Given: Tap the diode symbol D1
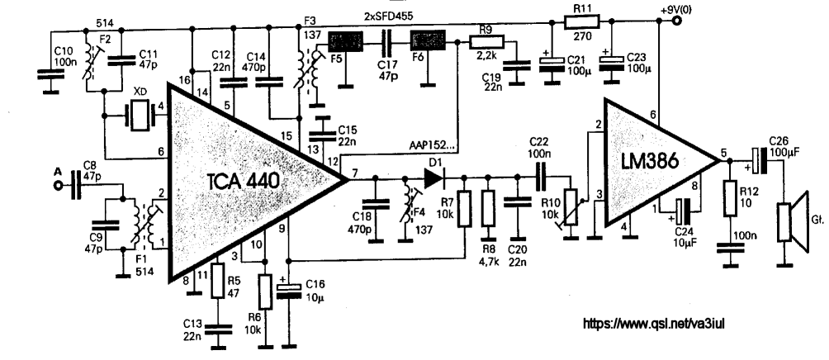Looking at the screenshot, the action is point(433,178).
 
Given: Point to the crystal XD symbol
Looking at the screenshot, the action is point(140,116).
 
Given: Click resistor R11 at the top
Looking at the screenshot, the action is point(581,21).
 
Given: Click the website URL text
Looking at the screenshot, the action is point(653,323).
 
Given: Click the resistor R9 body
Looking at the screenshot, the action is point(487,41).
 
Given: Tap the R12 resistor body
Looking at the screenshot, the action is point(730,197).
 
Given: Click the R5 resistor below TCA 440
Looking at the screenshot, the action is point(218,280).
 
